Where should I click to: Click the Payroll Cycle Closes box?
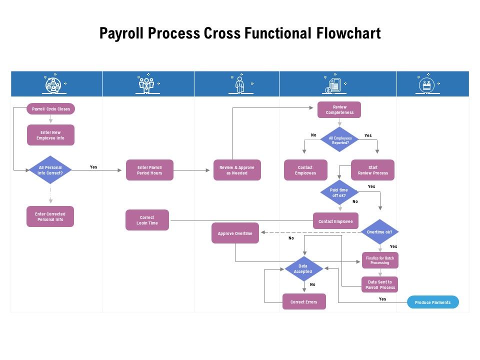click(50, 109)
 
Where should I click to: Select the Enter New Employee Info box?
click(50, 135)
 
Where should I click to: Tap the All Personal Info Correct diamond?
click(50, 170)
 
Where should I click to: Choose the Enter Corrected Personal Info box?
click(50, 216)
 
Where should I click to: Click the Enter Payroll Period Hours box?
click(149, 170)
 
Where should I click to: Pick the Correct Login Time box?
click(147, 220)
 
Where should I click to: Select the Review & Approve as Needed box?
click(237, 170)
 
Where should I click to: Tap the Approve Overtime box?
click(235, 233)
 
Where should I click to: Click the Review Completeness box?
click(339, 109)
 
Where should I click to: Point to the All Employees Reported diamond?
click(340, 140)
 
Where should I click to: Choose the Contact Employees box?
click(305, 170)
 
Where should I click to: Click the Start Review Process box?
click(372, 170)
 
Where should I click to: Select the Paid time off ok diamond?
click(340, 193)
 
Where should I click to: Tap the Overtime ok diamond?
click(379, 232)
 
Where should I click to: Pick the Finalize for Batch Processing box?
click(380, 260)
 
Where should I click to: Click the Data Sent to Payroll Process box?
click(380, 284)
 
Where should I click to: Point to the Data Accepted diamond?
click(302, 269)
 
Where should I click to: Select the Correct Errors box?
click(304, 301)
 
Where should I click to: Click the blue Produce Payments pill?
click(432, 302)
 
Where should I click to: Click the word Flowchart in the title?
click(348, 33)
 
